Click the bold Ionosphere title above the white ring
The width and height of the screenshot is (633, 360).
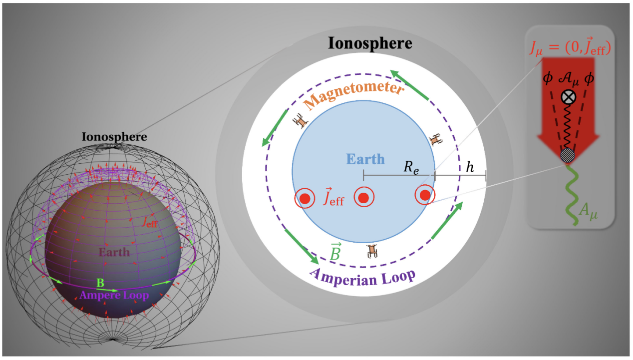(x=370, y=43)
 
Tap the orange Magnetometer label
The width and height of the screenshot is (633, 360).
(x=353, y=96)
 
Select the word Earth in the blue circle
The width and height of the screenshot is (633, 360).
(x=365, y=159)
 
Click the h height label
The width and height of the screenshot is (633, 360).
(x=470, y=168)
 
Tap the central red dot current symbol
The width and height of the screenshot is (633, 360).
(x=364, y=198)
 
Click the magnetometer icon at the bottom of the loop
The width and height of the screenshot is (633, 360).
(x=371, y=251)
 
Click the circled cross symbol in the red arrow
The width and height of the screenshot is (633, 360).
(x=567, y=97)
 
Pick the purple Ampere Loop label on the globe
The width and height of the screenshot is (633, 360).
(x=114, y=295)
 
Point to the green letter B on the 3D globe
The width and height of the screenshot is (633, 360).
(x=100, y=283)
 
